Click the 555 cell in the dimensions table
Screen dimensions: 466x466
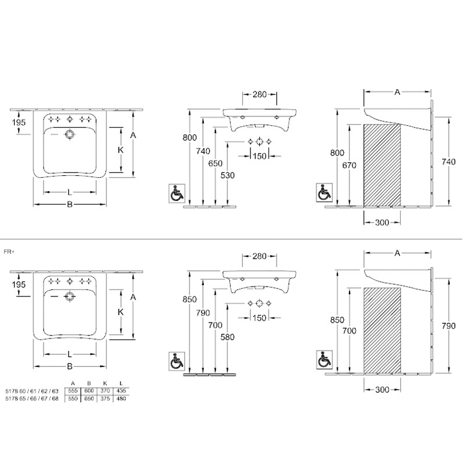[x=72, y=390]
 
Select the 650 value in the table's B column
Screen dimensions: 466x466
[x=89, y=398]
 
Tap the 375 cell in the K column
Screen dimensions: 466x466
[x=105, y=398]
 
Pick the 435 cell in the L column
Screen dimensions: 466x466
[x=121, y=390]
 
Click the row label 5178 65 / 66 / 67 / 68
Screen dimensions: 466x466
[x=32, y=398]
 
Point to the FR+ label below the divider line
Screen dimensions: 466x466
[x=9, y=252]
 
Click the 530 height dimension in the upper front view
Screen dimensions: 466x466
[x=227, y=175]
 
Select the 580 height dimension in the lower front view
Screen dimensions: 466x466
[x=227, y=337]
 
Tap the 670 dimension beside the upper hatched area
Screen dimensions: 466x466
[x=349, y=165]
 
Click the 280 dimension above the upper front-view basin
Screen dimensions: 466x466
[x=259, y=94]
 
